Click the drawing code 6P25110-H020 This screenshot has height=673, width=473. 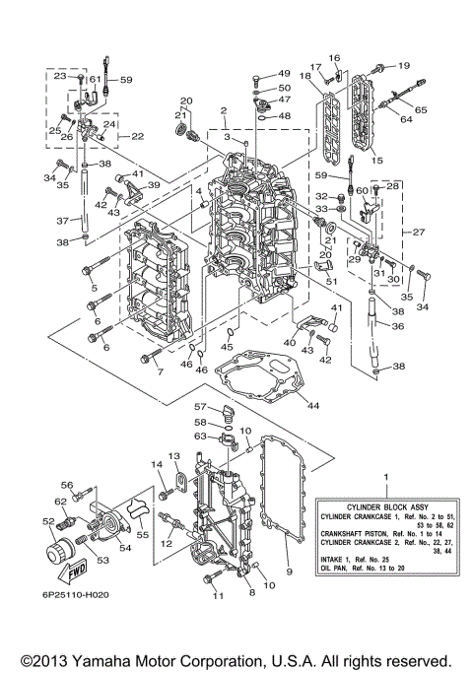[x=63, y=596]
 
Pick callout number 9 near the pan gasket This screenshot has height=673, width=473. [x=289, y=571]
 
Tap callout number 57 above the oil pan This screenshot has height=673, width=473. [x=198, y=405]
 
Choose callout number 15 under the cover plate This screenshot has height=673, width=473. [x=374, y=159]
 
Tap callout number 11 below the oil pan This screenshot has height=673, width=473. [x=217, y=596]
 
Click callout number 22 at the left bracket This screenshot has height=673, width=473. [x=137, y=136]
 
